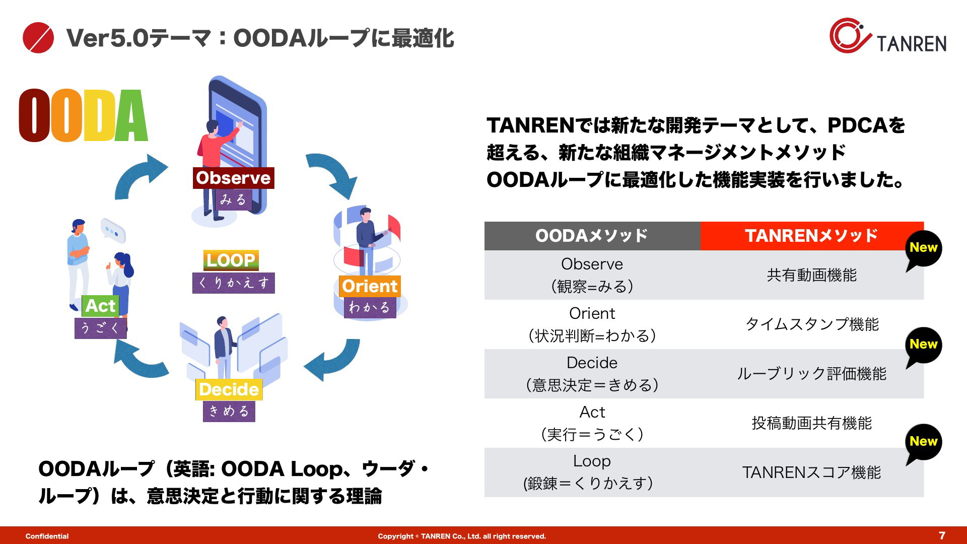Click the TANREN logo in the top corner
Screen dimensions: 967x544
click(888, 36)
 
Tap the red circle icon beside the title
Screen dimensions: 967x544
click(38, 38)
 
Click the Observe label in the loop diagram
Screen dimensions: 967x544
click(233, 178)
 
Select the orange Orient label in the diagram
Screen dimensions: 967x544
click(370, 286)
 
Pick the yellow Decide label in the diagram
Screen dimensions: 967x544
click(229, 389)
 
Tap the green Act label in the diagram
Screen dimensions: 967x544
click(100, 306)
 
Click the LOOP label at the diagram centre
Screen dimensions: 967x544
click(231, 260)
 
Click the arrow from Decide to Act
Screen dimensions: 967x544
click(139, 360)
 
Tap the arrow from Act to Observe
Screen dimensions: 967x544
click(139, 177)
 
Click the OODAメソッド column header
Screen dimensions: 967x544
click(592, 236)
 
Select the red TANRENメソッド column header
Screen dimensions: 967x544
click(812, 236)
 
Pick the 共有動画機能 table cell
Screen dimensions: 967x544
click(812, 275)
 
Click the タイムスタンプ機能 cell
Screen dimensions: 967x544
click(812, 324)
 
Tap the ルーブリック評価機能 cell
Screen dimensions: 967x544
click(812, 374)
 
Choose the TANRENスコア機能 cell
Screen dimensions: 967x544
click(812, 472)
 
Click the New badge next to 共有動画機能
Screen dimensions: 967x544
click(923, 249)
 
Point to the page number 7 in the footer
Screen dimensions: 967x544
click(942, 535)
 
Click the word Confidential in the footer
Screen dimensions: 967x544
click(47, 536)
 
